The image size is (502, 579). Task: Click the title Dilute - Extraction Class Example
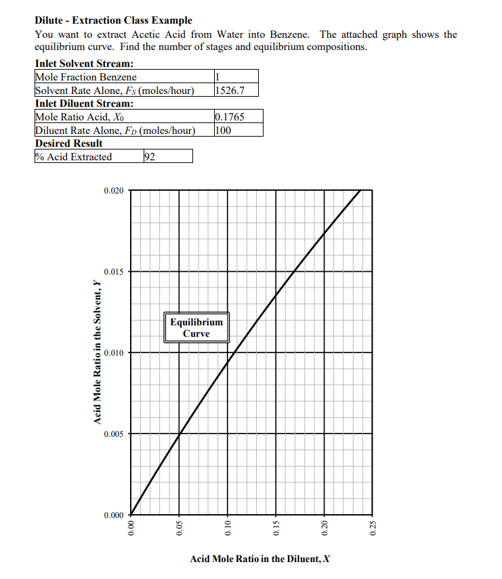point(113,21)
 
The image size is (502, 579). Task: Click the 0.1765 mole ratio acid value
point(229,117)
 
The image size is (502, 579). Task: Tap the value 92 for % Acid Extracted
point(150,157)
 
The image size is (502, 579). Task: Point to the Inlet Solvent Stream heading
point(83,64)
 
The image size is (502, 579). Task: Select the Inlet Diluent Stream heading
point(83,103)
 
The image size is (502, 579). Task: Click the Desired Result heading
point(68,143)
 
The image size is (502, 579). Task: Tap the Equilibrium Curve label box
point(196,328)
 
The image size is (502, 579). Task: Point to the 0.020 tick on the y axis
point(114,191)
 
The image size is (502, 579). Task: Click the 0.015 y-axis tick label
point(114,272)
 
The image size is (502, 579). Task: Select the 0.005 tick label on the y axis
point(114,434)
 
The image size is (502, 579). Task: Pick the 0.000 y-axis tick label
point(114,515)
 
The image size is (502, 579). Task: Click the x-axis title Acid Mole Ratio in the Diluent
point(260,559)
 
